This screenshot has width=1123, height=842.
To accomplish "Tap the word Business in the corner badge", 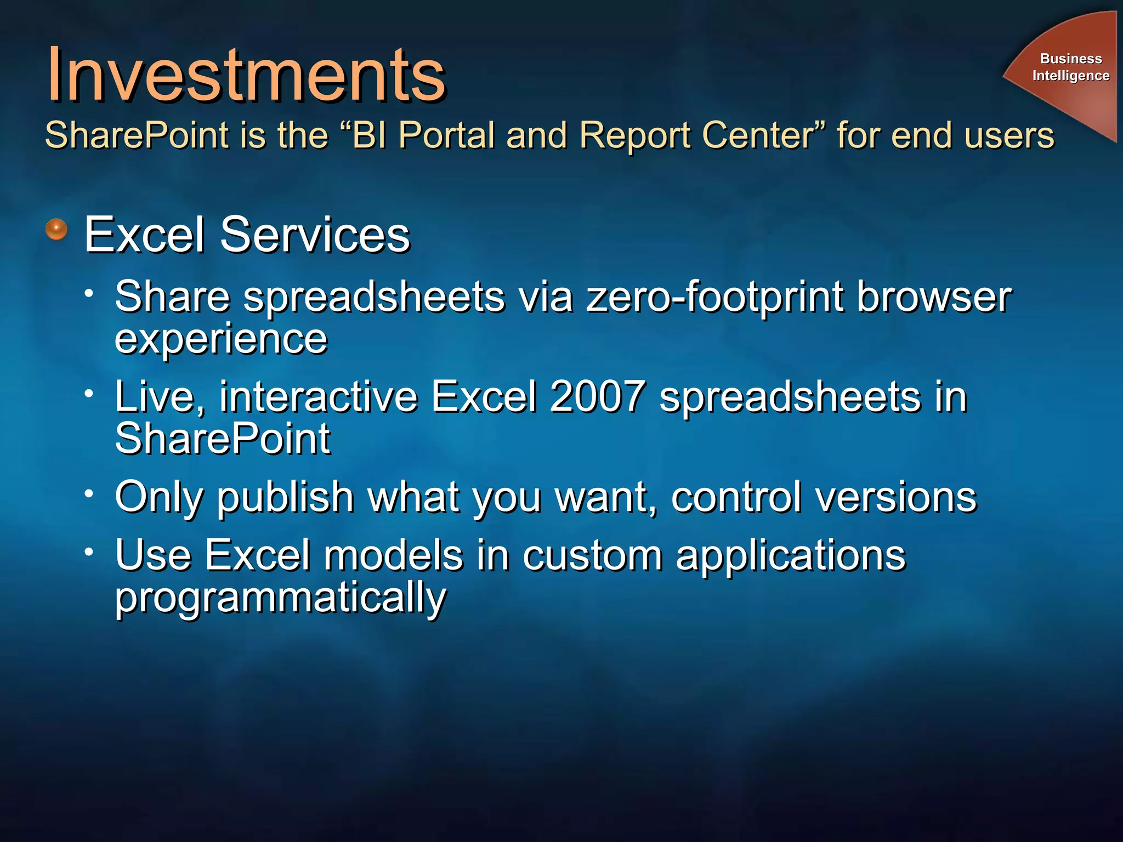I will click(1070, 58).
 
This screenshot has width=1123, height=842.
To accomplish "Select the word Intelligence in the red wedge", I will click(1070, 75).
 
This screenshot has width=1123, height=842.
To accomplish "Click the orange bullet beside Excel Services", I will click(56, 229).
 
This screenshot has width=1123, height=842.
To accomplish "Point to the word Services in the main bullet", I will click(315, 235).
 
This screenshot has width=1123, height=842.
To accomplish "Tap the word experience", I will click(221, 340).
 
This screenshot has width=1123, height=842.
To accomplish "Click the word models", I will click(393, 555).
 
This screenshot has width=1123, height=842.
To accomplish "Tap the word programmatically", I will click(281, 599).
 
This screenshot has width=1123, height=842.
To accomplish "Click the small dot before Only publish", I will click(89, 493).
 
